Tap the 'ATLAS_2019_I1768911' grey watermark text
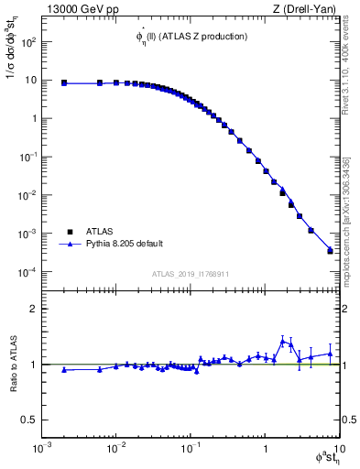[190, 273]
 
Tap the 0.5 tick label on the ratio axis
[27, 420]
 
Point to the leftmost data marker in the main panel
[64, 82]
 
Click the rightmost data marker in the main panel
[330, 250]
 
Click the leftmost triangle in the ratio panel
[64, 370]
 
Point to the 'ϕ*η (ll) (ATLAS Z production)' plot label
[190, 37]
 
